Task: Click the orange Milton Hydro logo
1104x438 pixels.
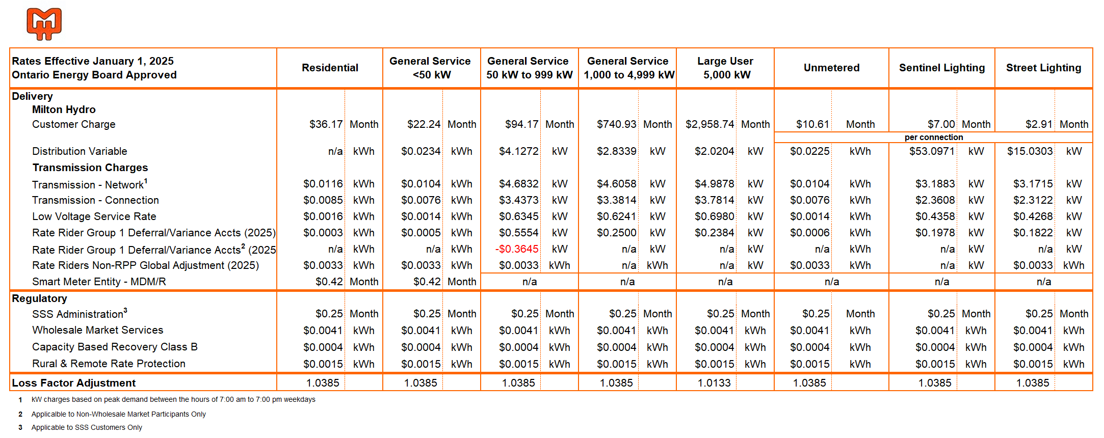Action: coord(44,23)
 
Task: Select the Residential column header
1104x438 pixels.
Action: coord(330,68)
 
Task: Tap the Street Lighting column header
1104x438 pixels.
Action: coord(1043,68)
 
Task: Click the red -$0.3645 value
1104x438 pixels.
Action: coord(517,249)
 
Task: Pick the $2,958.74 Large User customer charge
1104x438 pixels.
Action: coord(709,124)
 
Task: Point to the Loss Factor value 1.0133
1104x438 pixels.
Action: coord(714,383)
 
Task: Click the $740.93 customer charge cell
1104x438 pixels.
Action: coord(616,124)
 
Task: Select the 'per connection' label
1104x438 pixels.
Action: coord(934,137)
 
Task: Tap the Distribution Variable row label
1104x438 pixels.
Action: coord(80,151)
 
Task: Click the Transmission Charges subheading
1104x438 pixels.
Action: coord(90,168)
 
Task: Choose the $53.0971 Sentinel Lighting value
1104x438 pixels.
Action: coord(932,151)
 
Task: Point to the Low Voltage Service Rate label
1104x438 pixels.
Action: coord(94,216)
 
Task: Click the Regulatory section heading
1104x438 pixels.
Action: coord(39,298)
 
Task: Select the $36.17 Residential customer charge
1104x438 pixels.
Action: coord(326,124)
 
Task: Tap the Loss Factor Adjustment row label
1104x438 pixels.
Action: coord(73,383)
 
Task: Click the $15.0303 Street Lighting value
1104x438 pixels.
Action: coord(1030,151)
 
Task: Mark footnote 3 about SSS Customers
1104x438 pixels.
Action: coord(87,427)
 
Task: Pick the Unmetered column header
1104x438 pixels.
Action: coord(831,68)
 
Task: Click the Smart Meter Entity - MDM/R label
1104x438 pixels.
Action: coord(99,282)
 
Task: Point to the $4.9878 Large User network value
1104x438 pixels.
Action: coord(714,184)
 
